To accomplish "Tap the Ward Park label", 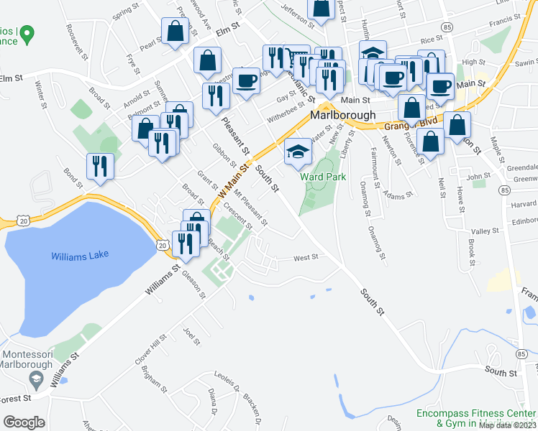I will coord(323,177).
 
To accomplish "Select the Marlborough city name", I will coord(343,115).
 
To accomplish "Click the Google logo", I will coord(24,422).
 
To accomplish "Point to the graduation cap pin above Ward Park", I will coord(298,152).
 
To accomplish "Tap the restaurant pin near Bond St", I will coord(100,167).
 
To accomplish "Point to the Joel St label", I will coord(191,336).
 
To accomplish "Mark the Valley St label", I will coord(485,231).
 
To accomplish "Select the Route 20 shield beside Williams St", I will coord(164,246).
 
